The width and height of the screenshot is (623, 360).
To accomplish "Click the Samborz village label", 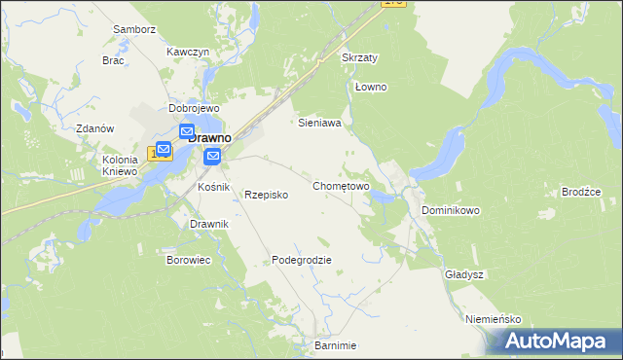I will pos(134,30).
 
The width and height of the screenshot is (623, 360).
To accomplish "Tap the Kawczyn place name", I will pos(188,51).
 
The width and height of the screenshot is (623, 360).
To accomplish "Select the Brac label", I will pos(113,59).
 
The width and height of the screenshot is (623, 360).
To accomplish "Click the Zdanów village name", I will pos(95,128).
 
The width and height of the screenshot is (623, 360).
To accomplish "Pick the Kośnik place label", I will pos(213,186).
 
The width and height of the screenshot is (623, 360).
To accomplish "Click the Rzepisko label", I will pos(266,195).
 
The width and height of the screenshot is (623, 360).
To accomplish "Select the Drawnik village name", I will pos(209,224).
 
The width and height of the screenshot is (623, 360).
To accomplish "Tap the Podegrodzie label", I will pos(302,260).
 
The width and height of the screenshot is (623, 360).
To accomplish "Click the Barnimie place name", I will pos(335,345).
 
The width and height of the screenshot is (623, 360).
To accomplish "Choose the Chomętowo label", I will pos(341,185).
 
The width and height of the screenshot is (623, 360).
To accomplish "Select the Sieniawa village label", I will pos(318,124).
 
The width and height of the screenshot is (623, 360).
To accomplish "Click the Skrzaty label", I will pos(360,57).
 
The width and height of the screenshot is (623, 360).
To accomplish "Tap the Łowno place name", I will pos(371,87).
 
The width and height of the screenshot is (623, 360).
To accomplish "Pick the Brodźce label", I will pos(581,192).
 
